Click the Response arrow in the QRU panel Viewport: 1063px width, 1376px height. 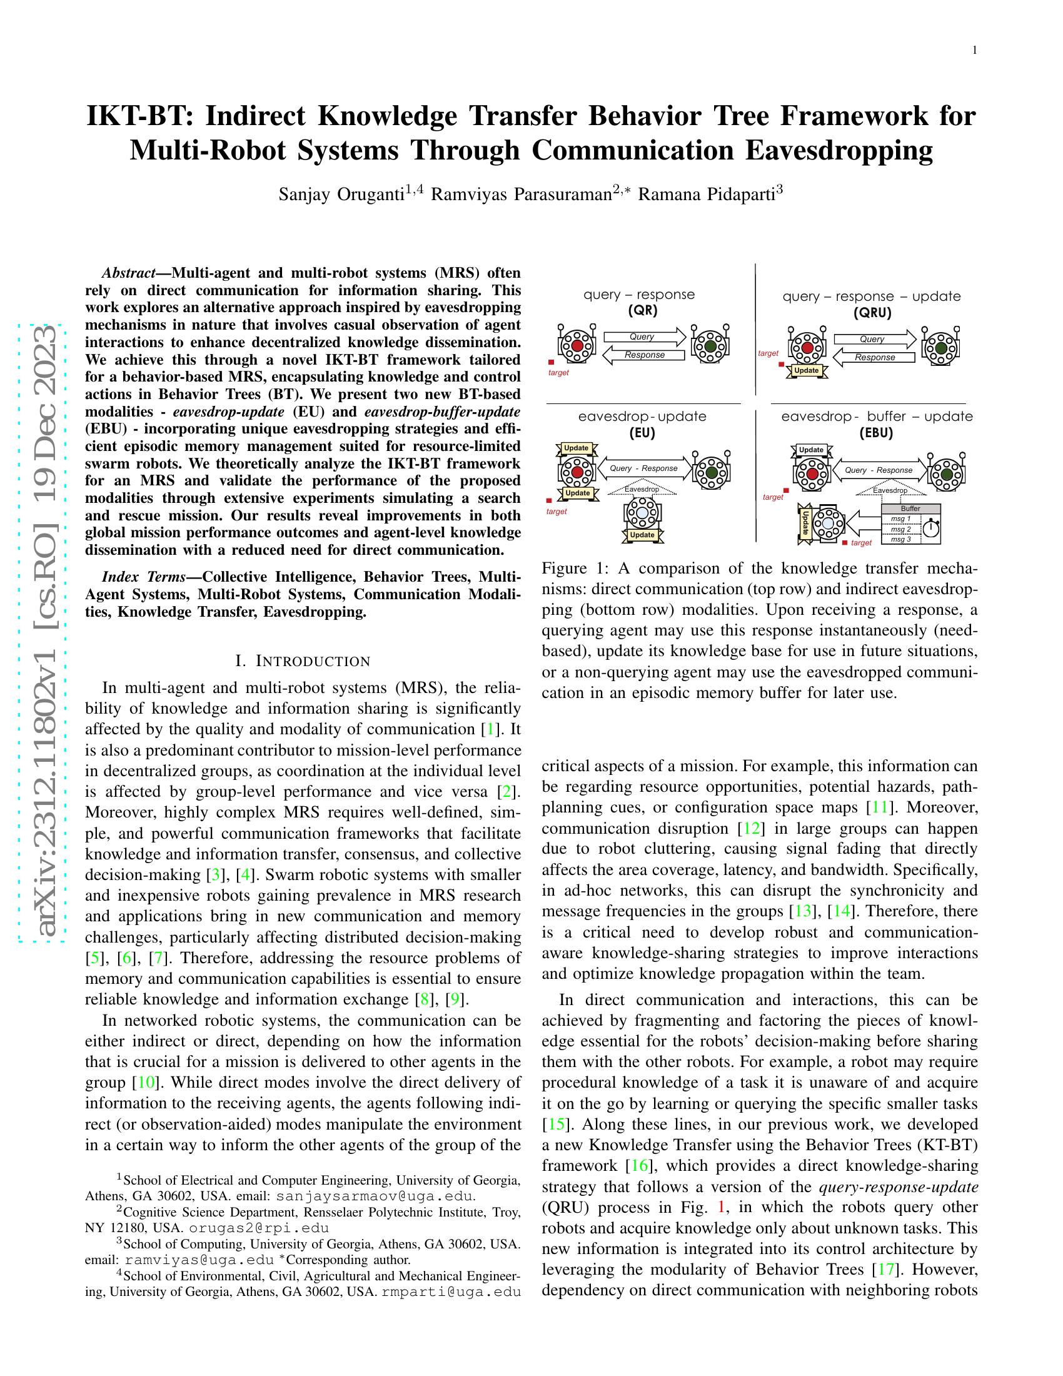(874, 357)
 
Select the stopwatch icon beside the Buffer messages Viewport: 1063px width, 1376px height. (932, 529)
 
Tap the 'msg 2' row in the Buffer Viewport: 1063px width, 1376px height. (901, 529)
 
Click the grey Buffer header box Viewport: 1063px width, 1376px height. (910, 508)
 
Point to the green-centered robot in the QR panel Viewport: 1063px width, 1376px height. (710, 346)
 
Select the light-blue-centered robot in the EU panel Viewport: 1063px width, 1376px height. (642, 513)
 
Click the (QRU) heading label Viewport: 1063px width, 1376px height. (872, 313)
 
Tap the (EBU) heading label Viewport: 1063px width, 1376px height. (877, 433)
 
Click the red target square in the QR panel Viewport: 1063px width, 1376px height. (551, 362)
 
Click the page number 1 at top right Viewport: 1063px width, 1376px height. (974, 51)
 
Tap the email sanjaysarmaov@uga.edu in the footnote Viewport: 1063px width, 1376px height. (375, 1196)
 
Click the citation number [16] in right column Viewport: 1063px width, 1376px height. (639, 1166)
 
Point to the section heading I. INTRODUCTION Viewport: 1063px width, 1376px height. (303, 661)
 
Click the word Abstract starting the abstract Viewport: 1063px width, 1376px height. (128, 273)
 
